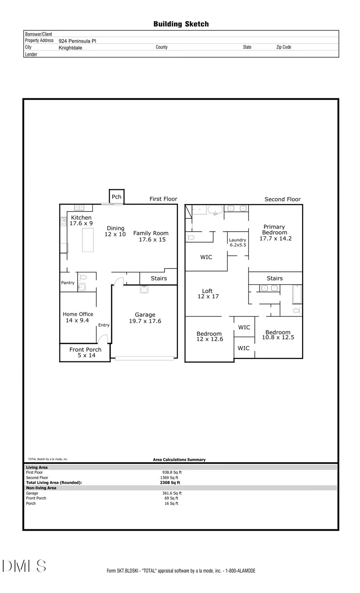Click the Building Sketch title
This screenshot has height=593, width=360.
pyautogui.click(x=181, y=24)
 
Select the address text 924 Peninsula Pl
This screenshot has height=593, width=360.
pyautogui.click(x=77, y=41)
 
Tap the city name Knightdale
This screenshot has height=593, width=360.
pyautogui.click(x=70, y=48)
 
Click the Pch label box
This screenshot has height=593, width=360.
pyautogui.click(x=116, y=196)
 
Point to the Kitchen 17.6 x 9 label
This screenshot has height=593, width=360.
pyautogui.click(x=81, y=220)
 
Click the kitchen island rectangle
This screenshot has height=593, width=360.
pyautogui.click(x=88, y=240)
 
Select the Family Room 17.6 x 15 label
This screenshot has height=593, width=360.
pyautogui.click(x=151, y=236)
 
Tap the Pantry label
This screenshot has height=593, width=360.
pyautogui.click(x=68, y=282)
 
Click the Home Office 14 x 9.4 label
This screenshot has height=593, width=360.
pyautogui.click(x=78, y=317)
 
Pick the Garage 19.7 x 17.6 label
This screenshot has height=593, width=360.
pyautogui.click(x=145, y=318)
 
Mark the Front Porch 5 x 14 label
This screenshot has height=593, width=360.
pyautogui.click(x=86, y=352)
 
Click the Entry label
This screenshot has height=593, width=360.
pyautogui.click(x=104, y=325)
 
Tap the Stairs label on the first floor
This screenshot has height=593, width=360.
pyautogui.click(x=159, y=278)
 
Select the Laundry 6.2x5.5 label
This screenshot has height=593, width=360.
pyautogui.click(x=238, y=242)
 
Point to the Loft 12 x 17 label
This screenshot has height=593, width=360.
pyautogui.click(x=208, y=294)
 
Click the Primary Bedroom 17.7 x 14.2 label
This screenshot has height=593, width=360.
pyautogui.click(x=275, y=232)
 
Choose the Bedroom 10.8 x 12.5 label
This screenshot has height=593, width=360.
pyautogui.click(x=278, y=335)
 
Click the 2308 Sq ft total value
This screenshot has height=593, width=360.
pyautogui.click(x=170, y=483)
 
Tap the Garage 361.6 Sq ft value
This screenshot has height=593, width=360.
pyautogui.click(x=172, y=493)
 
